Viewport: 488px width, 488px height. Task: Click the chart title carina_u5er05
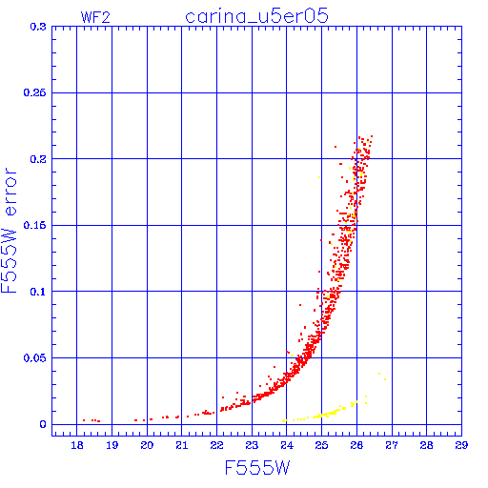coord(256,17)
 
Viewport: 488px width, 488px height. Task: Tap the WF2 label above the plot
coord(95,17)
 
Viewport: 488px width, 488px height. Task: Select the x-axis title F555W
coord(257,468)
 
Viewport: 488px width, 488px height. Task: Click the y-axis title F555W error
coord(9,231)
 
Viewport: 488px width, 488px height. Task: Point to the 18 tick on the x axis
coord(77,445)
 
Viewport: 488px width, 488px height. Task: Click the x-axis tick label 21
coord(182,445)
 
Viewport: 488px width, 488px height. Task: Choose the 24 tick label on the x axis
coord(287,445)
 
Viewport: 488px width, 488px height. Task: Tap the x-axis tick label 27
coord(392,445)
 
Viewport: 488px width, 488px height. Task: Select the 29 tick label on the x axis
coord(461,445)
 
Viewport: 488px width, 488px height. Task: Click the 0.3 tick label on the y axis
coord(38,27)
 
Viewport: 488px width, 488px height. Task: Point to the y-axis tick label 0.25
coord(35,92)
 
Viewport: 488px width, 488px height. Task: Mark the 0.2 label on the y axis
coord(38,159)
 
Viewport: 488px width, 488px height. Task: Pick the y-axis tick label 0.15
coord(35,225)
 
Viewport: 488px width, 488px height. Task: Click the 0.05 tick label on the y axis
coord(35,358)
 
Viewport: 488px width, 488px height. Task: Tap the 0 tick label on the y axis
coord(43,424)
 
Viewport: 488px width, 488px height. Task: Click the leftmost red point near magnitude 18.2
coord(84,420)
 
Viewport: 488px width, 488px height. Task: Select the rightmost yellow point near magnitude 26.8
coord(385,379)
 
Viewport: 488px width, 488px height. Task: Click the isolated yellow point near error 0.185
coord(319,177)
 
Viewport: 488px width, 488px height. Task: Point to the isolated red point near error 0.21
coord(335,147)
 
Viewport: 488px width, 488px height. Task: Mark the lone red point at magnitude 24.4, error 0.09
coord(300,305)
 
